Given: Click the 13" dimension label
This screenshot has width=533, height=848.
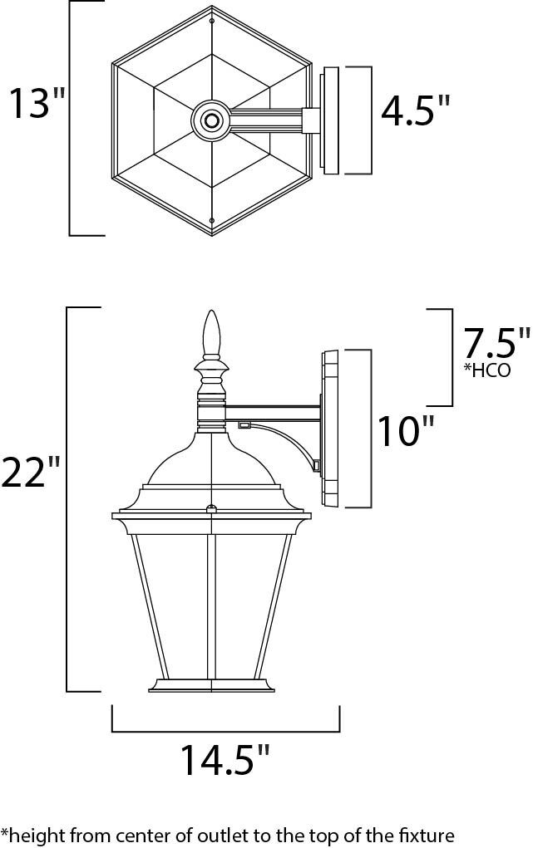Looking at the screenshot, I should [37, 104].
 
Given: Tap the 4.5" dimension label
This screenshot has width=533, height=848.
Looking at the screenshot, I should [415, 110].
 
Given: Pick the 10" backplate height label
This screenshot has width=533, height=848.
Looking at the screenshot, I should [407, 431].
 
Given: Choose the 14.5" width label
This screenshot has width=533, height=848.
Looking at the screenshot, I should [225, 760].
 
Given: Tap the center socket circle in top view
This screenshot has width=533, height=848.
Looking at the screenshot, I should [212, 121].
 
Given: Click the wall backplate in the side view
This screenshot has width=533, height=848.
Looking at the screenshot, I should [330, 428].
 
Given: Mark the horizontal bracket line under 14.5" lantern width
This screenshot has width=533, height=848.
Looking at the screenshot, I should [225, 732].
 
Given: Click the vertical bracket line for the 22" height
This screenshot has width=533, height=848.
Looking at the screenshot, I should [67, 498].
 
